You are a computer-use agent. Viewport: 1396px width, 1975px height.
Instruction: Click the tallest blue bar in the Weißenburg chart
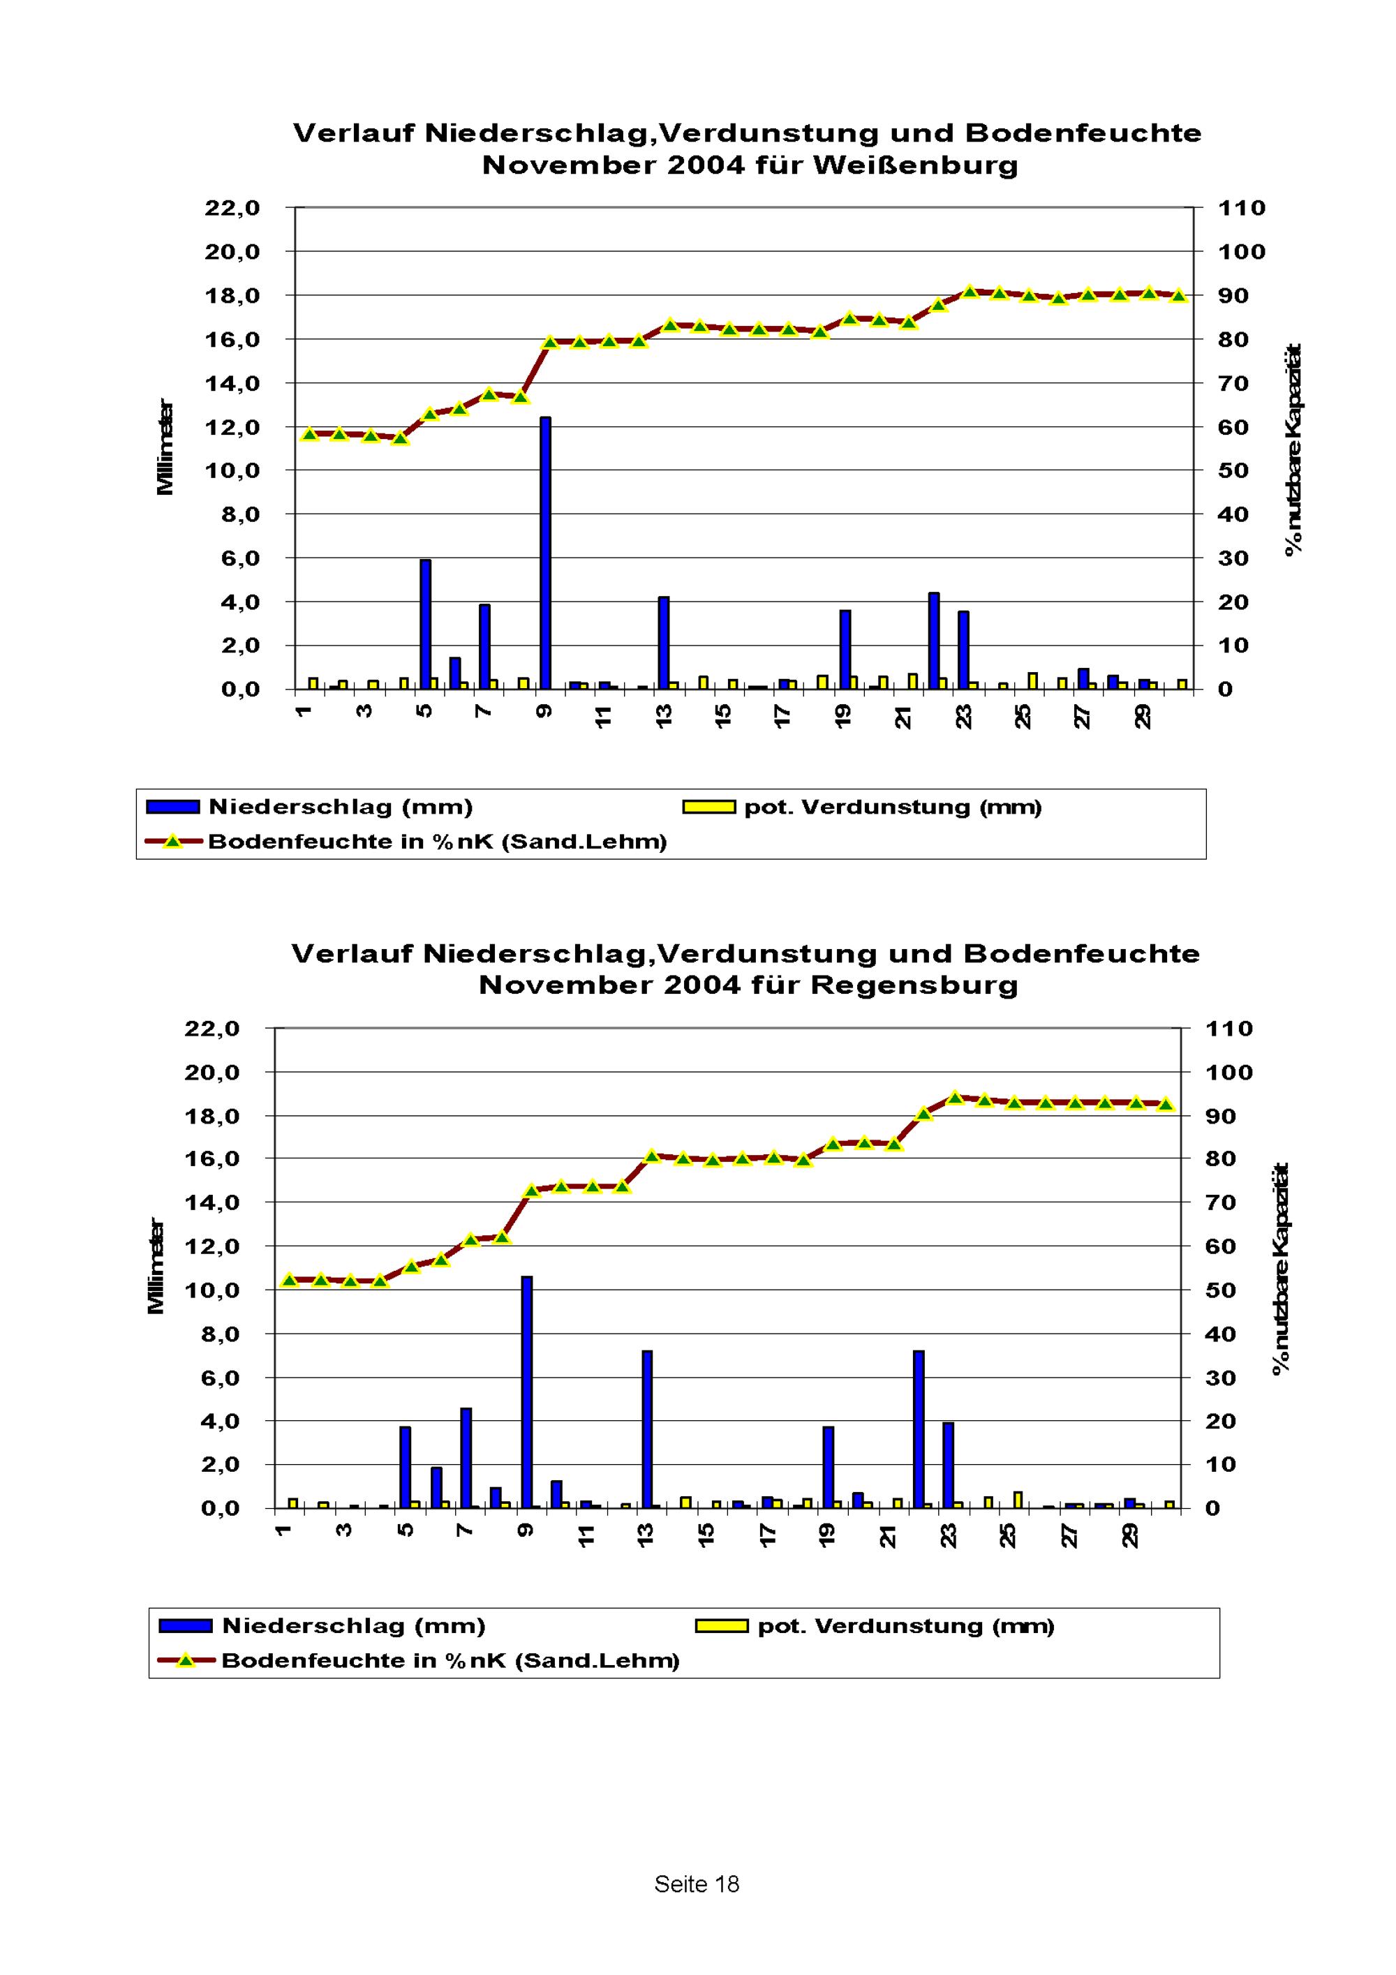pos(545,553)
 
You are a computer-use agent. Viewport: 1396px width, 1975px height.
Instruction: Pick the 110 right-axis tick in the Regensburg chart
pos(1230,1028)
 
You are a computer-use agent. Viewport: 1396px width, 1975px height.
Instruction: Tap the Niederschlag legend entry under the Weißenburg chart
pos(310,807)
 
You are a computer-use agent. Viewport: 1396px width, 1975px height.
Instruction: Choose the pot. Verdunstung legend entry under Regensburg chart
pos(875,1626)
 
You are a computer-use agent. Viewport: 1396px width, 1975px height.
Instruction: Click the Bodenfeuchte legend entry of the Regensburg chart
pos(419,1660)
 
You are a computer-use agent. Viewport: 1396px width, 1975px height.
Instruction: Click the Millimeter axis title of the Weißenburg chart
pos(165,447)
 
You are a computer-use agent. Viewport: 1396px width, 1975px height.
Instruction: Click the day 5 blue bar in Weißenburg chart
pos(426,625)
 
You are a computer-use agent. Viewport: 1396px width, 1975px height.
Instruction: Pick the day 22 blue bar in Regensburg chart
pos(919,1430)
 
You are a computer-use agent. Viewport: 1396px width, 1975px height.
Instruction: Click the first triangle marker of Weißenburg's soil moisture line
pos(311,434)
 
